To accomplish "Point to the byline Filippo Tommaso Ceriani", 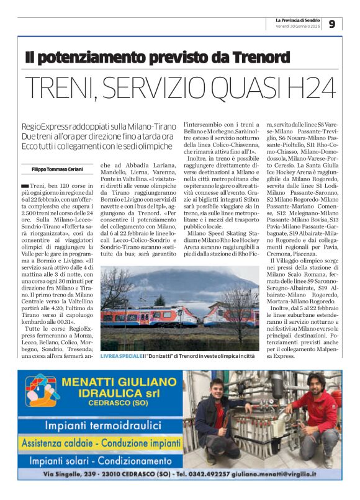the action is tap(58, 169).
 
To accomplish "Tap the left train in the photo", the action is tap(148, 316).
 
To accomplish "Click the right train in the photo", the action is tap(230, 316).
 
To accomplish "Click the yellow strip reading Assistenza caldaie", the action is tap(107, 443).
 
